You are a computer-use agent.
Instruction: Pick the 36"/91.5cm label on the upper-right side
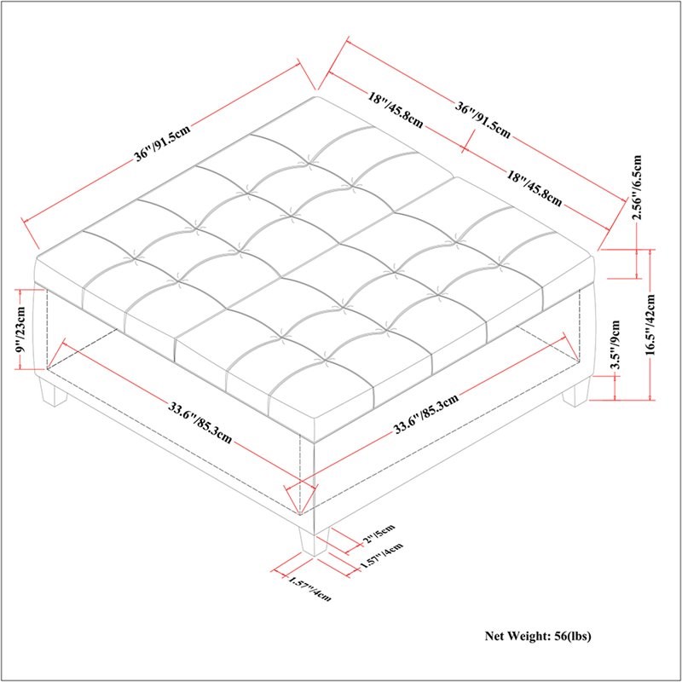tap(483, 121)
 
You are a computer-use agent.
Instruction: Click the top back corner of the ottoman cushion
tap(315, 97)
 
